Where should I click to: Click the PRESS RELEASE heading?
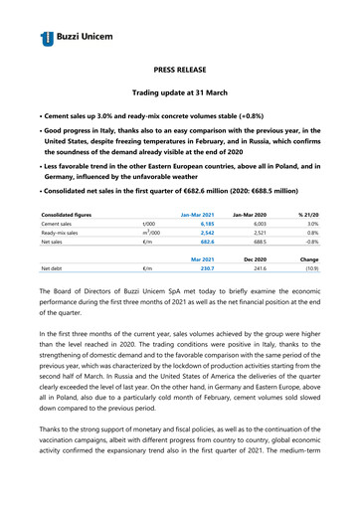179,73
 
